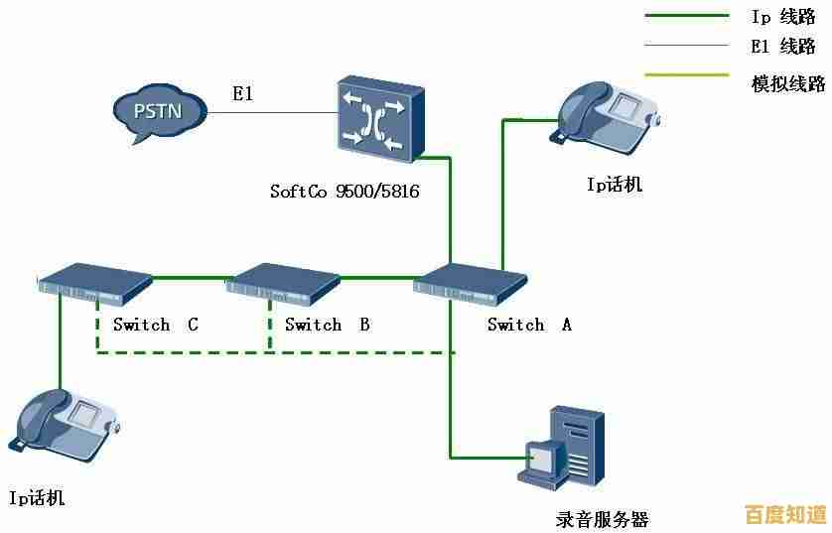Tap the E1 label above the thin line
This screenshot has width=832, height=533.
[243, 94]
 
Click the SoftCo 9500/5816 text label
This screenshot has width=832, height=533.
[345, 191]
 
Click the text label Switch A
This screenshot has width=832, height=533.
[529, 325]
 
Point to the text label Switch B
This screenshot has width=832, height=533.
[328, 325]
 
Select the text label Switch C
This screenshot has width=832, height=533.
[155, 325]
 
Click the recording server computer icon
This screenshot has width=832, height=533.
[562, 448]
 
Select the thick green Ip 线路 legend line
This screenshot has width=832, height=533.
[686, 16]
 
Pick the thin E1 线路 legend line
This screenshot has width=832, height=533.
[686, 45]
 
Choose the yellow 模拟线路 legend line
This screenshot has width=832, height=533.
[686, 73]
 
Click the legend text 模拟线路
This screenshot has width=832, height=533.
[789, 84]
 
